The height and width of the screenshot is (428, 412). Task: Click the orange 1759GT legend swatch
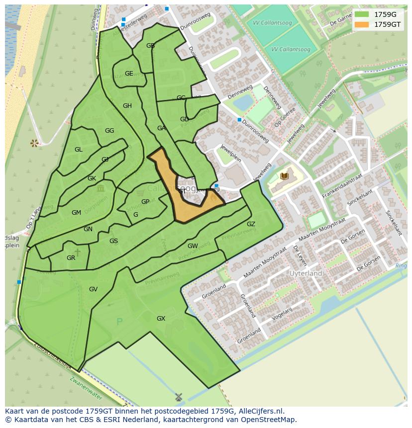click(362, 24)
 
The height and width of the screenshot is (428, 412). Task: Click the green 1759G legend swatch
click(362, 15)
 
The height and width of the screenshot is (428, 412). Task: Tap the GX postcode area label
click(161, 319)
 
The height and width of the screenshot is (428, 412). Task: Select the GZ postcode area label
click(251, 224)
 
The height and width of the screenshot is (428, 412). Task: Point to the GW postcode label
click(193, 246)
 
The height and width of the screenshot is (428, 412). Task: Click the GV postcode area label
click(93, 289)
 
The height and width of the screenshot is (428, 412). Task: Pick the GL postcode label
click(79, 150)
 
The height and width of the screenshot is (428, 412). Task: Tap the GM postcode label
click(76, 213)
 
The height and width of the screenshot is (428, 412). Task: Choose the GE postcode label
click(129, 74)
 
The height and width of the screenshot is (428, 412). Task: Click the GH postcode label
click(127, 106)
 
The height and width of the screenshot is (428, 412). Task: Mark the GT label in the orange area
click(182, 191)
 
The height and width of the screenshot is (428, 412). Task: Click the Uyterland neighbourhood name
click(306, 273)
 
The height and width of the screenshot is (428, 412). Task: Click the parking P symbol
click(119, 322)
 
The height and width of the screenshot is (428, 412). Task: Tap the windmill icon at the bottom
click(179, 397)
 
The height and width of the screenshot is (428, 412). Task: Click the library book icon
click(284, 176)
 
